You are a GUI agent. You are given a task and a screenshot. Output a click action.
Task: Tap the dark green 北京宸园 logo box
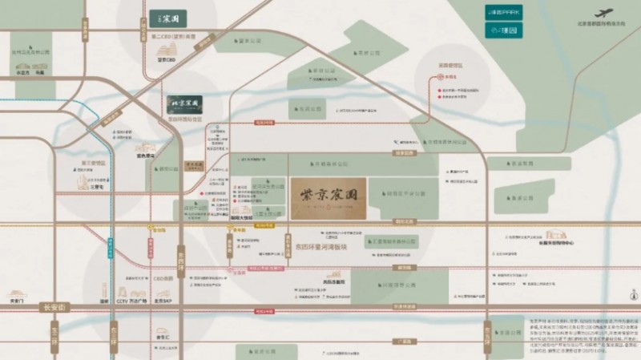pyautogui.click(x=184, y=105)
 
